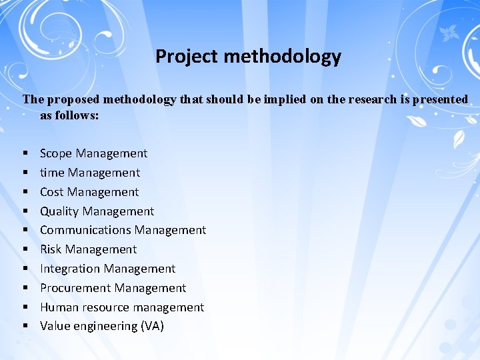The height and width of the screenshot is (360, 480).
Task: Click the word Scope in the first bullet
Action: pos(55,153)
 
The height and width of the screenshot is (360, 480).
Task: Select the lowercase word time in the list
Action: pos(52,173)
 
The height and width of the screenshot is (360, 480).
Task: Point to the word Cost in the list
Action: pos(51,192)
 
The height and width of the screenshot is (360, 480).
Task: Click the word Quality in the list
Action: pos(59,211)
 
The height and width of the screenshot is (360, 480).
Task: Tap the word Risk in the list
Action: pos(51,249)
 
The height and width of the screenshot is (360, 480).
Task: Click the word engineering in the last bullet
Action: pos(104,327)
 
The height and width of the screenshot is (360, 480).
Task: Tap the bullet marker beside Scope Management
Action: pos(25,154)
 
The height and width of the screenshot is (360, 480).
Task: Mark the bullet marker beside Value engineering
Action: pos(25,327)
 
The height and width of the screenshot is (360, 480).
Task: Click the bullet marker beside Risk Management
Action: pos(25,250)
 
